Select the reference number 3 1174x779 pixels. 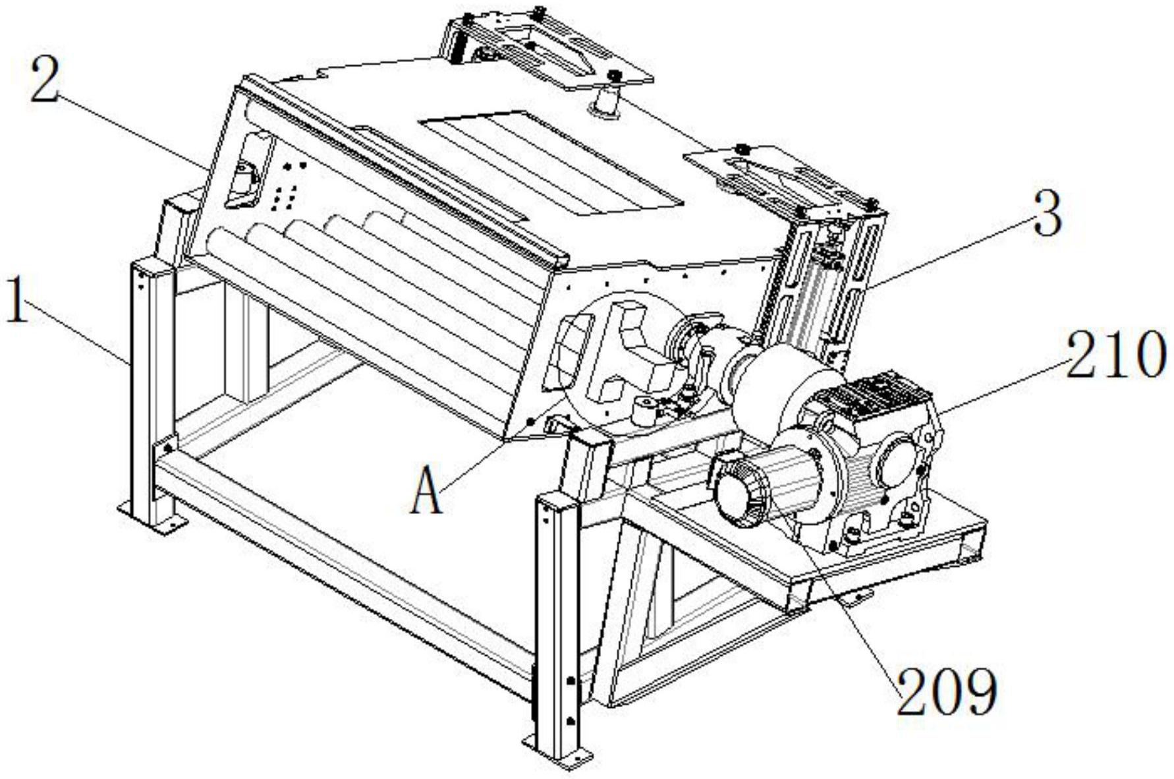(x=1047, y=216)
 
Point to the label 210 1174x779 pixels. (x=1115, y=354)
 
